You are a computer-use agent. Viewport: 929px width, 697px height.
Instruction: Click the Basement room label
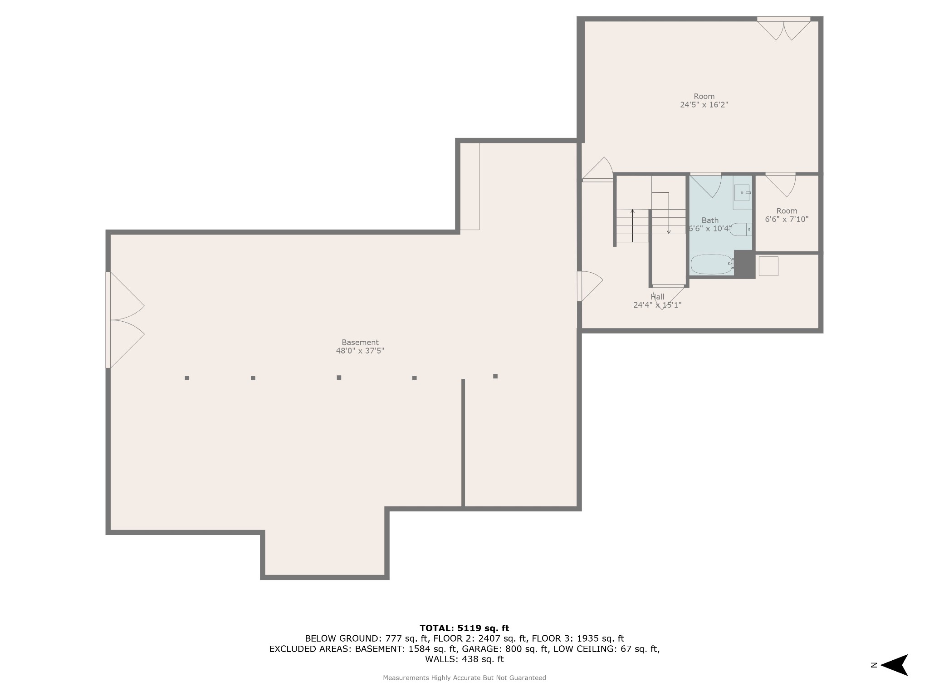click(360, 342)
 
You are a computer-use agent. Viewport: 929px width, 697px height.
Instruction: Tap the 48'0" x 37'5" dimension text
click(360, 351)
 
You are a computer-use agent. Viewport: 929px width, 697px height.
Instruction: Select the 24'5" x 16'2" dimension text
click(704, 105)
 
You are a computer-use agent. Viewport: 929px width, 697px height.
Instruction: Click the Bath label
click(710, 221)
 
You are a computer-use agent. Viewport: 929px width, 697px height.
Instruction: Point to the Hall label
click(657, 297)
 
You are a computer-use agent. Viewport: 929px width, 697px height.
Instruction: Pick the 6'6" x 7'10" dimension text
click(787, 219)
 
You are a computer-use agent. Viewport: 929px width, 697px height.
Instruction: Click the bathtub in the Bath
click(712, 264)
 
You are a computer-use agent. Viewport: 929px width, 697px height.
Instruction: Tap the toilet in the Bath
click(741, 230)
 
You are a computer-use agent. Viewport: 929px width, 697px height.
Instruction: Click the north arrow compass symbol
click(894, 665)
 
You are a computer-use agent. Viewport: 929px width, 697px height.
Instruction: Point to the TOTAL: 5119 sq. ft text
click(464, 628)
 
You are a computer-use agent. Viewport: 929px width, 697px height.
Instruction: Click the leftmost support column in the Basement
click(187, 378)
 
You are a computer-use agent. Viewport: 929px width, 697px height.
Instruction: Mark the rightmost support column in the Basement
click(495, 376)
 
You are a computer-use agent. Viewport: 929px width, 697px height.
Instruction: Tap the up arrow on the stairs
click(632, 226)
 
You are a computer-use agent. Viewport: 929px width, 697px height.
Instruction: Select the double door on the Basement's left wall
click(125, 320)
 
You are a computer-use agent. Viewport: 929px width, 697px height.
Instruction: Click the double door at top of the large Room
click(783, 29)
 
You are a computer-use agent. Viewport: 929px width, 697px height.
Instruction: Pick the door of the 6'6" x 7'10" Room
click(781, 185)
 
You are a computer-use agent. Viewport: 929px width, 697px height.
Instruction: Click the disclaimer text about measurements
click(464, 678)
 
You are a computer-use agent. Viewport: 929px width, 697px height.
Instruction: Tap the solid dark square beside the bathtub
click(744, 264)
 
